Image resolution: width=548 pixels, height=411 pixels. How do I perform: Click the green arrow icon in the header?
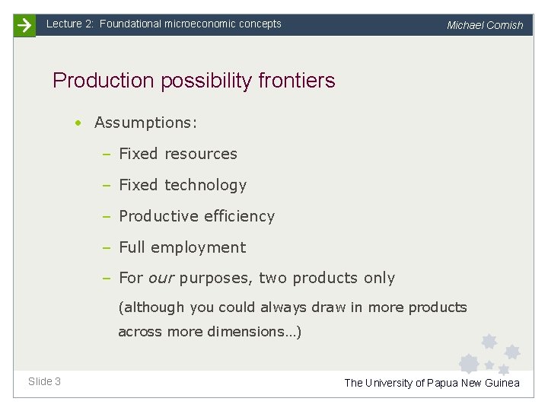[x=24, y=25]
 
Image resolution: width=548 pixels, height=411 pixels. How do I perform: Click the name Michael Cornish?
[x=485, y=25]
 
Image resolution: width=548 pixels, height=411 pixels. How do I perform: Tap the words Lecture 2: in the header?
[x=69, y=24]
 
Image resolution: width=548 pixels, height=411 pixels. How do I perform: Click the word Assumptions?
[x=146, y=123]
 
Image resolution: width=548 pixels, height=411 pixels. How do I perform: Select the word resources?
[x=200, y=154]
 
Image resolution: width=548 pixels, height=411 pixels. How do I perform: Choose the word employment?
[x=198, y=247]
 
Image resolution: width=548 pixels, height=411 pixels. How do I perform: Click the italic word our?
[x=161, y=279]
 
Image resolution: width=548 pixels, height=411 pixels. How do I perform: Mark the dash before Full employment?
[x=107, y=247]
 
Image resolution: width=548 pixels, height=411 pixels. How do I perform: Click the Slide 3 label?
[x=44, y=381]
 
